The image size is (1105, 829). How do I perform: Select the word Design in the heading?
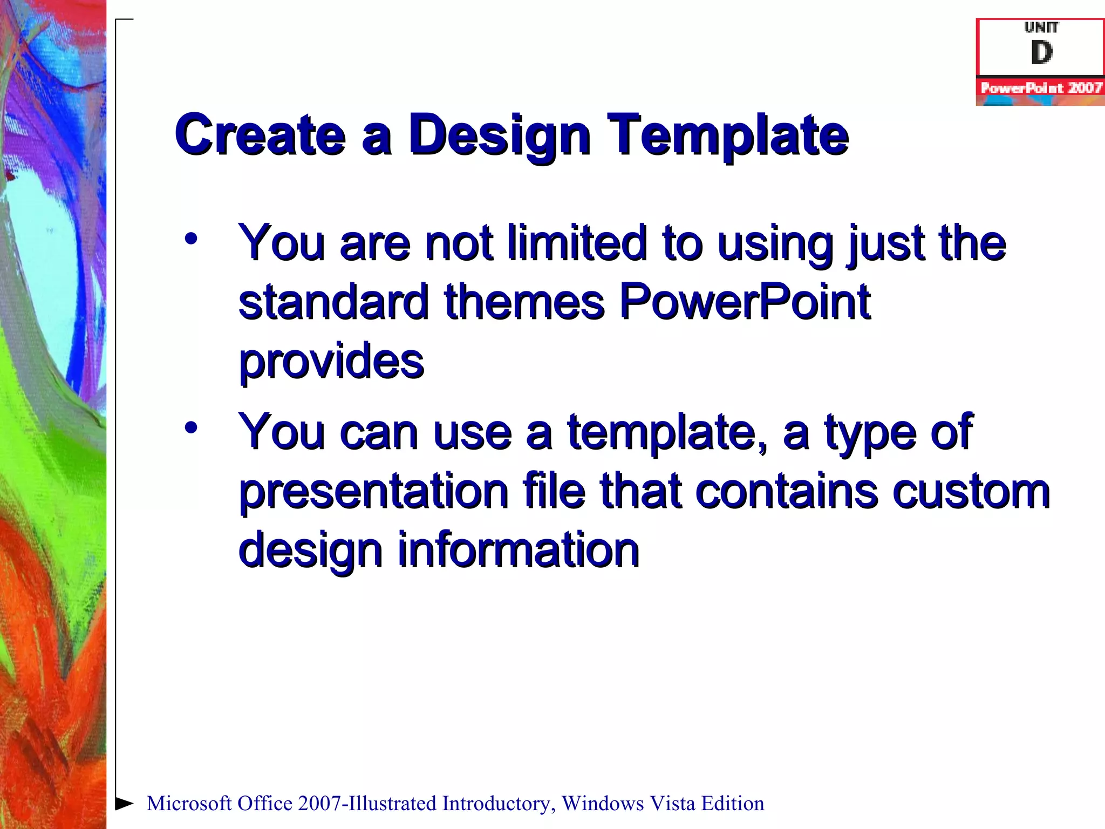pos(499,136)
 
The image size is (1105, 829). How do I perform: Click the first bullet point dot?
pos(190,239)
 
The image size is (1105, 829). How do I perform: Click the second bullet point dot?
pos(190,428)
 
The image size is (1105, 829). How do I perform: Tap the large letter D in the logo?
pos(1041,53)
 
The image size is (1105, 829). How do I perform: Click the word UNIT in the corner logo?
pos(1041,27)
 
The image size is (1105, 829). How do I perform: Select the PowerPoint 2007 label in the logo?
pos(1041,87)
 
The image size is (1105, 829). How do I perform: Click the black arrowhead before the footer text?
pos(125,803)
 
